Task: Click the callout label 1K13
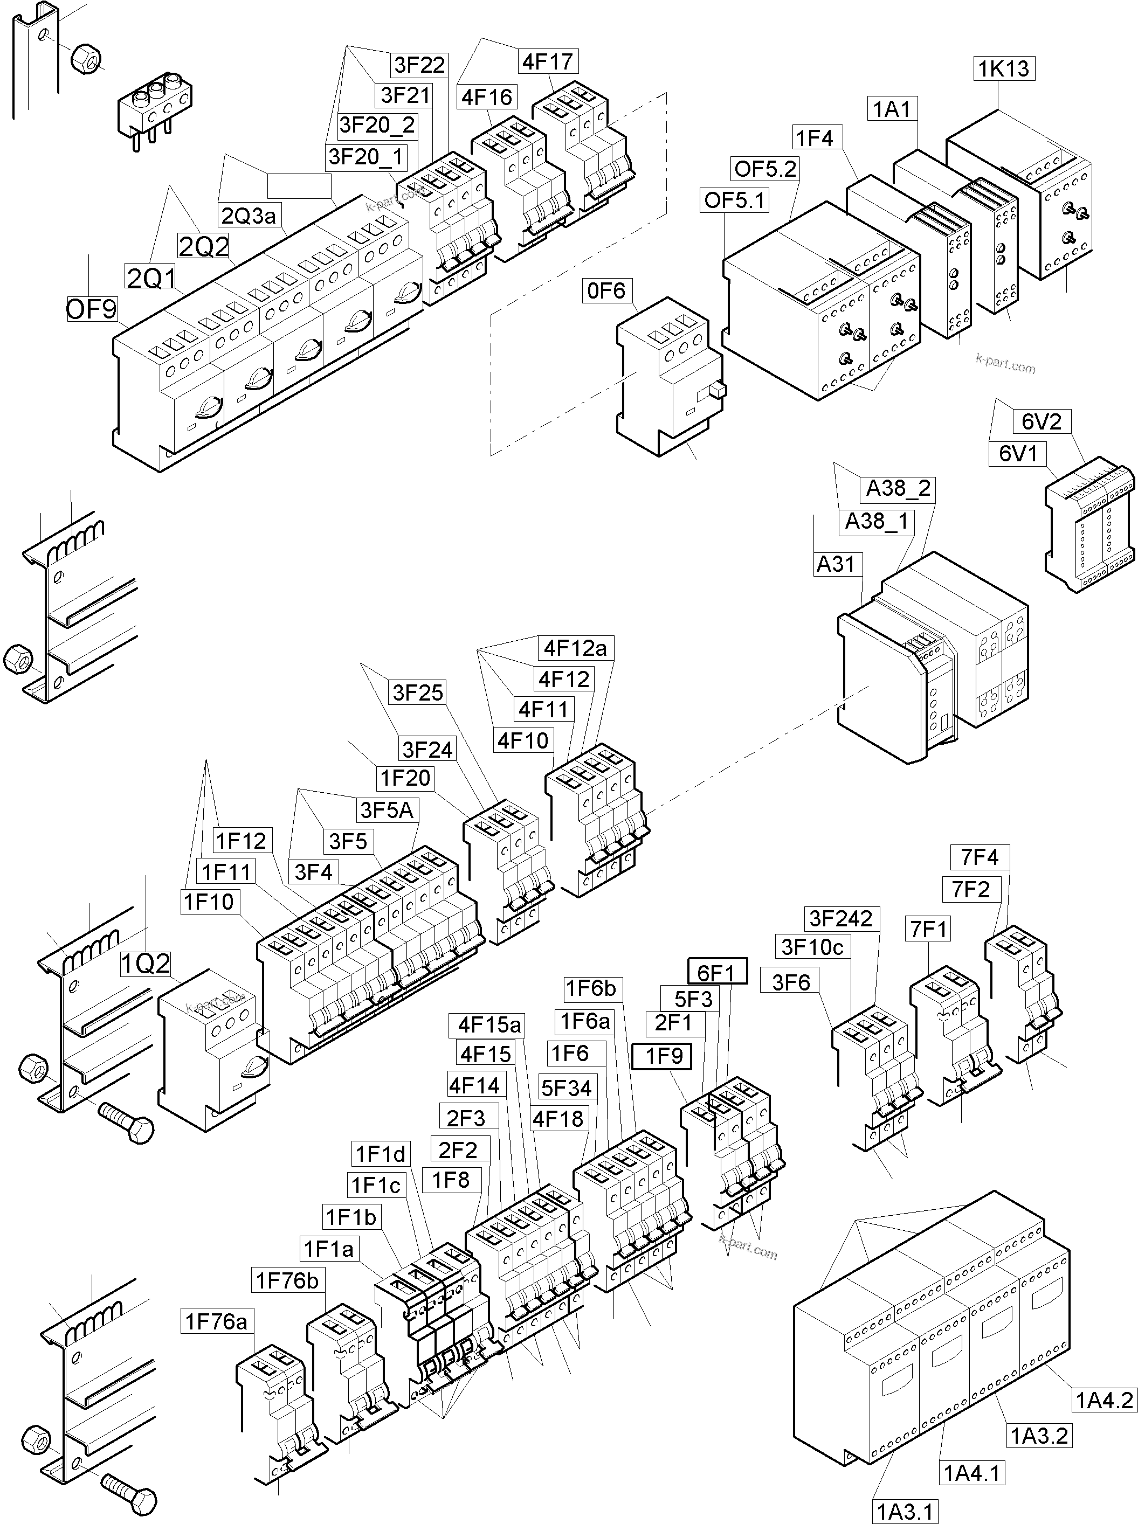1004,69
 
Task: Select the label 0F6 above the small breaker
606,290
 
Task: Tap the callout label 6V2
1041,421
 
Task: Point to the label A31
835,564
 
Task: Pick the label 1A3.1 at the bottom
905,1512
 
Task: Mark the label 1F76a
216,1321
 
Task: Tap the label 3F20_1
366,157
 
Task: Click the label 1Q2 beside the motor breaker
146,964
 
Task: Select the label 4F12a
575,648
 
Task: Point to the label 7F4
980,857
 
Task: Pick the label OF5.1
734,200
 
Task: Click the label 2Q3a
248,216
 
